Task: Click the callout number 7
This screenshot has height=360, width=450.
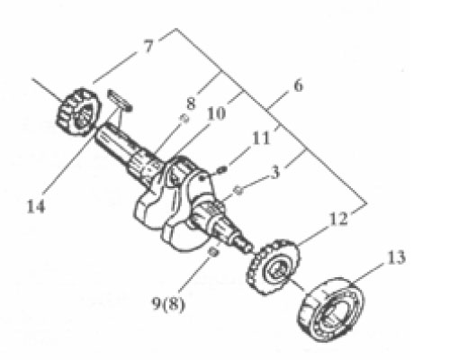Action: [x=148, y=46]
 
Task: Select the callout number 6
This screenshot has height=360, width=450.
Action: [x=298, y=85]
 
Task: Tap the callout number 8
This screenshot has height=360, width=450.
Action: [x=191, y=103]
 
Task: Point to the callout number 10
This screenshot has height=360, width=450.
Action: [x=216, y=113]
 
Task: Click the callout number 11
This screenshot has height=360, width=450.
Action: [x=261, y=139]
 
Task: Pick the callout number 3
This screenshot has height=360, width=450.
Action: [x=275, y=173]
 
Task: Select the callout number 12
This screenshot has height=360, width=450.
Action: [x=338, y=219]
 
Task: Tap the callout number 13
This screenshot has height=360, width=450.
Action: [x=396, y=257]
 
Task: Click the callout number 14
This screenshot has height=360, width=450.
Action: [x=36, y=207]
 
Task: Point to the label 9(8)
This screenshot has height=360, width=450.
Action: [x=168, y=304]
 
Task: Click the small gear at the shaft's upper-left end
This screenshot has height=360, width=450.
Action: [x=78, y=111]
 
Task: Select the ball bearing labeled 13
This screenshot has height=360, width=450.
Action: [x=331, y=310]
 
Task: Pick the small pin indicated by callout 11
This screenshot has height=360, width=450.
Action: [x=222, y=170]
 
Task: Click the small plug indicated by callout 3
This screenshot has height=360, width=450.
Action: [x=238, y=190]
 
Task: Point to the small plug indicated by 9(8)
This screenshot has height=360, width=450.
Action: [x=212, y=252]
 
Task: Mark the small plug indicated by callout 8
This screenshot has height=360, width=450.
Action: [x=184, y=119]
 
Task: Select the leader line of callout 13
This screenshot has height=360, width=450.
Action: [x=366, y=274]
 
